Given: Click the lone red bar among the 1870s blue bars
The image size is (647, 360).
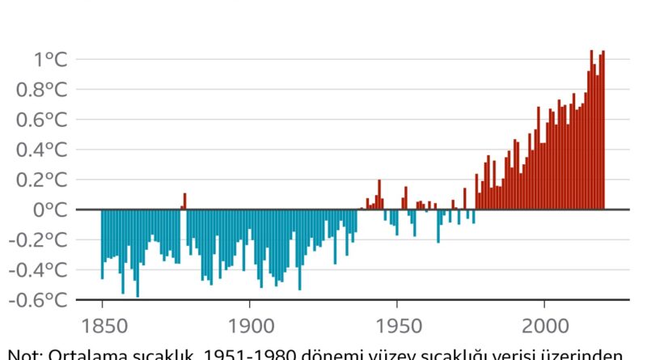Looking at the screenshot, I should [x=184, y=201].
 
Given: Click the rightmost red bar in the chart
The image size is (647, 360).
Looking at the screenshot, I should [x=603, y=129].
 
